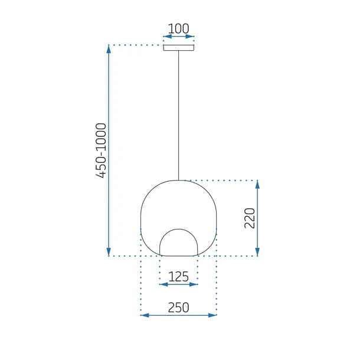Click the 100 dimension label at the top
point(178,28)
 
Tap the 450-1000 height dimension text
point(101,151)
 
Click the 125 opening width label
point(178,276)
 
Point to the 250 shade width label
point(178,307)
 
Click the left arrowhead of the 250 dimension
point(144,315)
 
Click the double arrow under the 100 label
point(178,37)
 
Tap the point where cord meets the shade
point(178,179)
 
